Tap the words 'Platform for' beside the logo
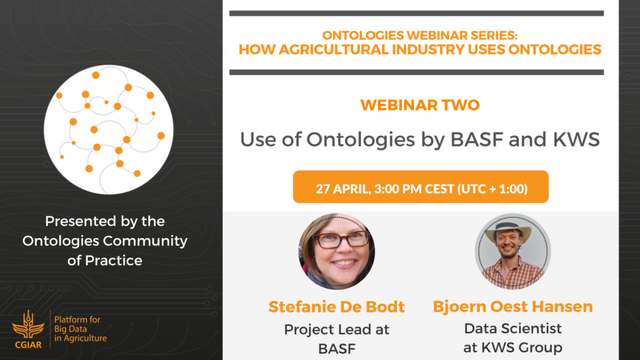(x=77, y=319)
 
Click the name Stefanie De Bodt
(x=336, y=307)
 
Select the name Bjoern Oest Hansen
(x=513, y=306)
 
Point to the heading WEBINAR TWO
(x=420, y=105)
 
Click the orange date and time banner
(x=421, y=187)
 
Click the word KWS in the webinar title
(x=576, y=140)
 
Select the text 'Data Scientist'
(x=513, y=329)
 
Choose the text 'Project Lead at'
(x=337, y=330)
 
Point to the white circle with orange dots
(x=108, y=130)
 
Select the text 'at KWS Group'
(x=513, y=348)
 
